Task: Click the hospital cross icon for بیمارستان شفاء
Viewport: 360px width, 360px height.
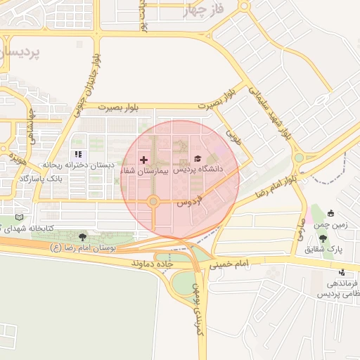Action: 144,160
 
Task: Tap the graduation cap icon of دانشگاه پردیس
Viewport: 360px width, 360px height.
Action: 198,158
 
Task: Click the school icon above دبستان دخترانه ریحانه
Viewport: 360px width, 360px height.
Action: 78,155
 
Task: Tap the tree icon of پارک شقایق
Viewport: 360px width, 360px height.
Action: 323,238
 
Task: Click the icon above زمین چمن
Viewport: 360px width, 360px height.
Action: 330,214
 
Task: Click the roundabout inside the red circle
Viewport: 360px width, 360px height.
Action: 153,202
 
